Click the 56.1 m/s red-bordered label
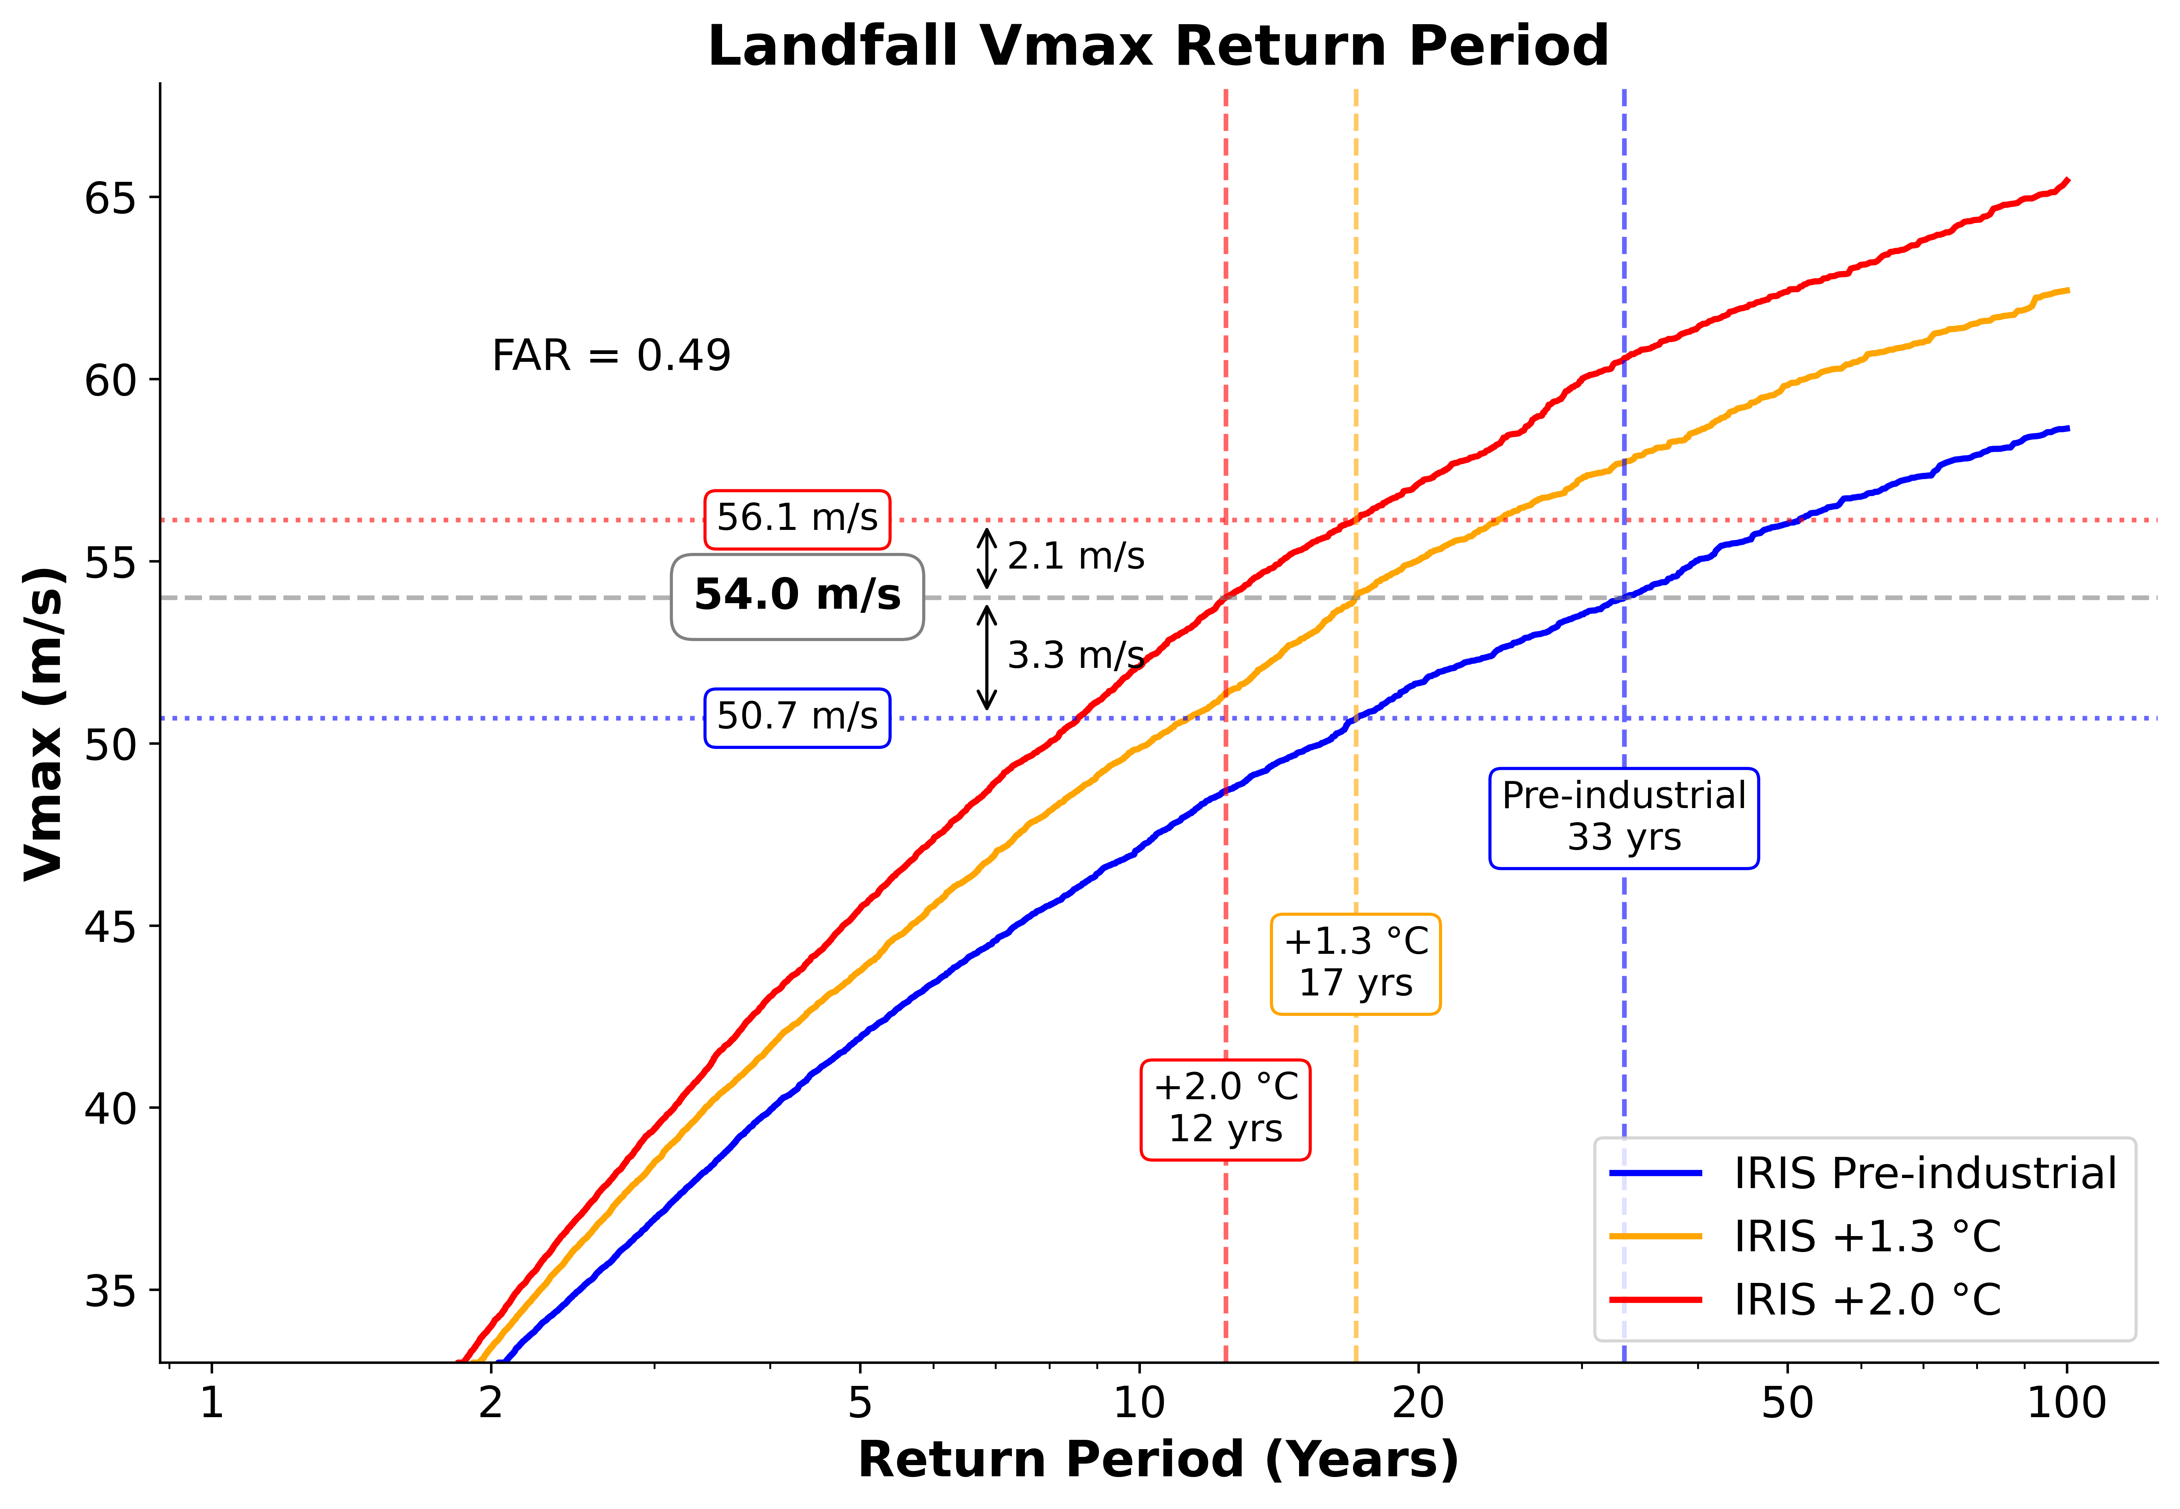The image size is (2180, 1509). (796, 518)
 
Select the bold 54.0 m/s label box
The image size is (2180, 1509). (797, 596)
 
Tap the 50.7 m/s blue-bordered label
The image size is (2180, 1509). (796, 717)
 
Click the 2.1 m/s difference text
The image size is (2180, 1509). (1075, 556)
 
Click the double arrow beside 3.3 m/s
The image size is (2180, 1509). (987, 657)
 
